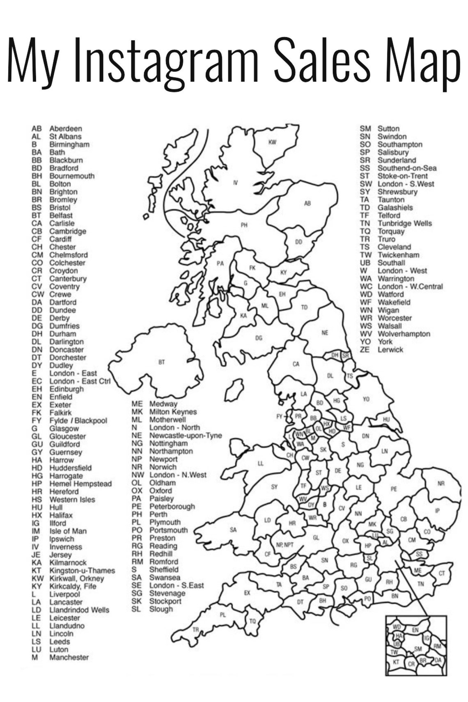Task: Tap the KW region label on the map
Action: [x=272, y=142]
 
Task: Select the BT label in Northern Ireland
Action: [x=161, y=362]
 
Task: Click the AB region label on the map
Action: [x=307, y=203]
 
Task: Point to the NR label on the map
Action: [x=441, y=484]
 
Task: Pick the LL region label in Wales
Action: [x=261, y=463]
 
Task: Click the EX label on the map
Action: [x=247, y=593]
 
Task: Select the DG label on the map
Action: [x=259, y=338]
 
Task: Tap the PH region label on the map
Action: [x=244, y=225]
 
